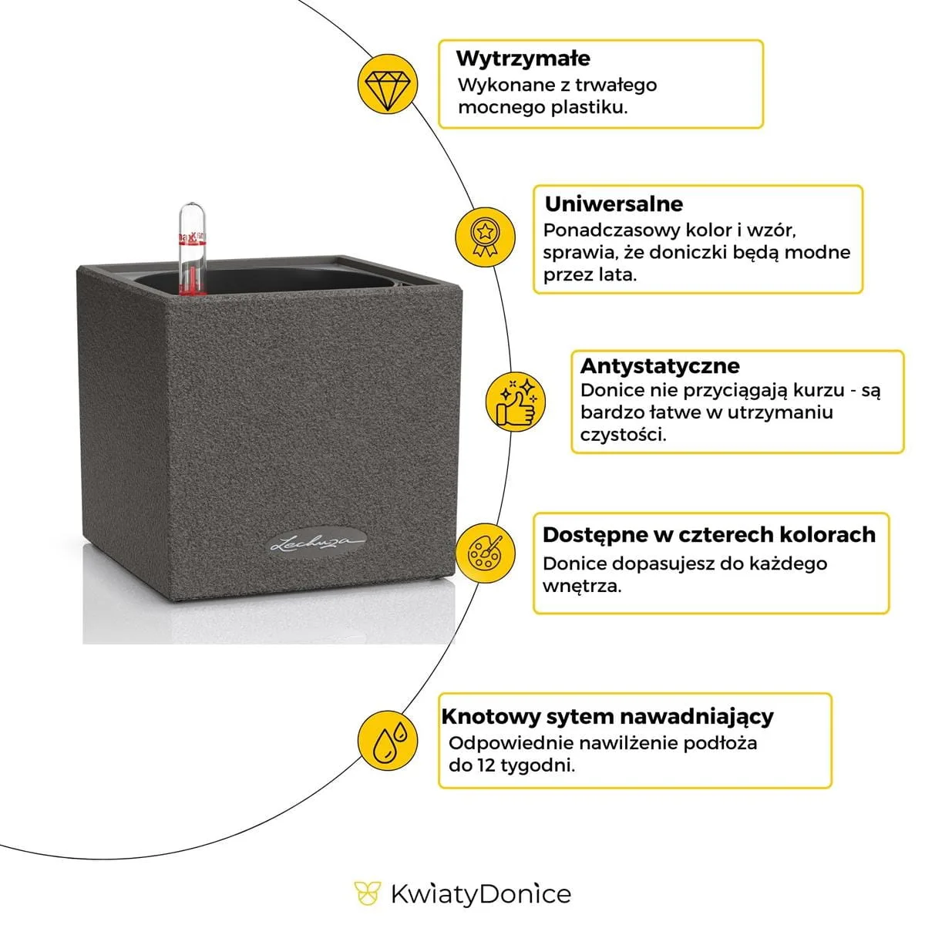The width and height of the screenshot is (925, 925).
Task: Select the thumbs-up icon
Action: (514, 401)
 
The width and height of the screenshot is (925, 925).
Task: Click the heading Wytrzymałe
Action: (523, 59)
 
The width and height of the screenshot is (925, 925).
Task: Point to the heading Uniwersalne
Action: (614, 204)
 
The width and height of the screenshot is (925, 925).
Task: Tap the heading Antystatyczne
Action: (660, 365)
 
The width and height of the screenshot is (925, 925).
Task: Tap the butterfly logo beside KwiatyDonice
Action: (368, 894)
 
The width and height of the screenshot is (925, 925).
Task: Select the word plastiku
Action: (589, 107)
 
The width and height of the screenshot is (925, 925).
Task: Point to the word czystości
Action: (623, 435)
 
